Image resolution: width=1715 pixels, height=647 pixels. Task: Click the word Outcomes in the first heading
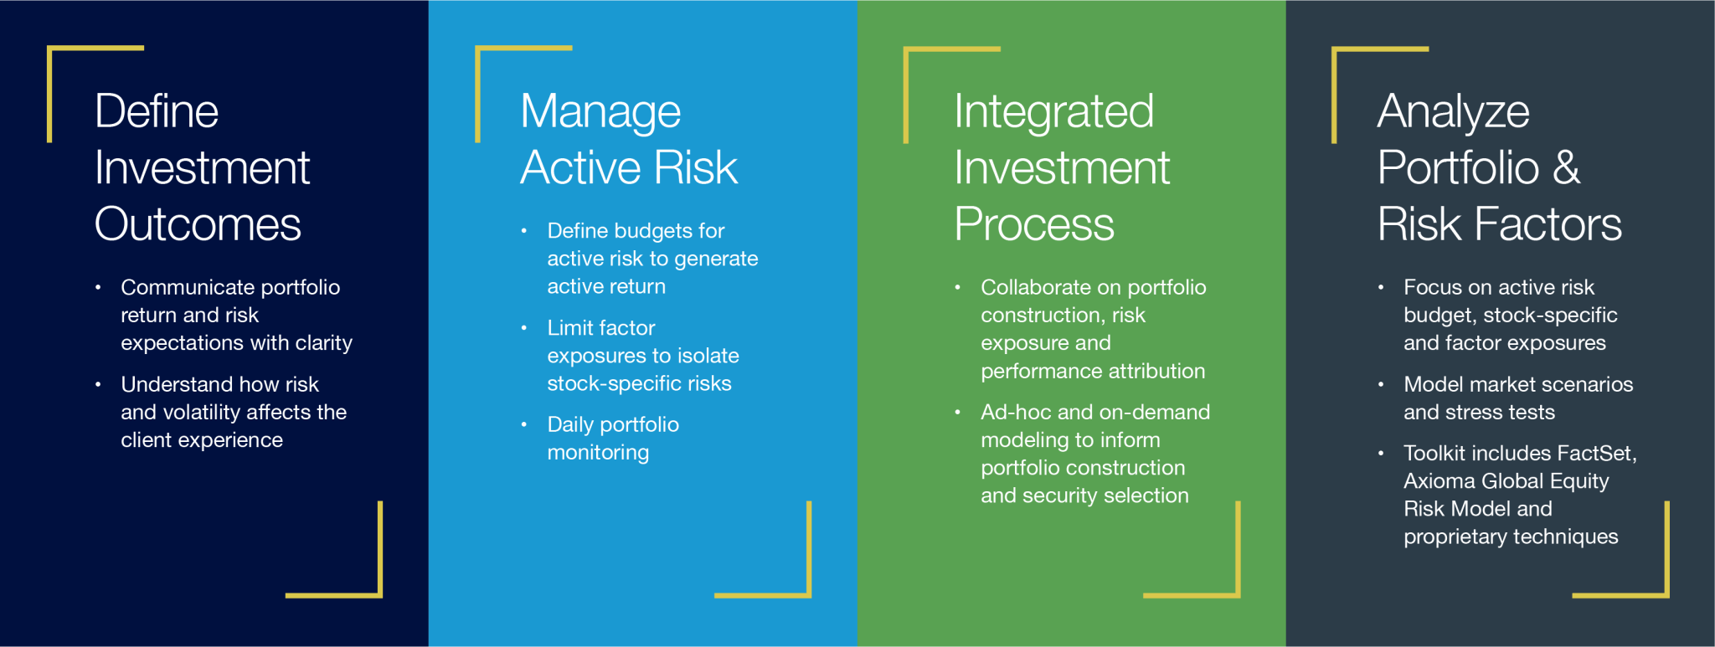tap(198, 224)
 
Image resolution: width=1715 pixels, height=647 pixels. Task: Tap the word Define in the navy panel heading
tap(157, 111)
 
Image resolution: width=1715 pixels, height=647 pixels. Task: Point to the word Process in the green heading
tap(1034, 224)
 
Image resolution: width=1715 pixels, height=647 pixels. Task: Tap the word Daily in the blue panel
tap(570, 425)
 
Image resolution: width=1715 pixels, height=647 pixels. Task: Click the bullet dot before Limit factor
tap(524, 328)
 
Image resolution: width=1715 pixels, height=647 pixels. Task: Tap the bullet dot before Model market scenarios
tap(1381, 384)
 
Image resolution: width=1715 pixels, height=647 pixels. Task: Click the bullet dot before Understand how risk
tap(98, 384)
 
